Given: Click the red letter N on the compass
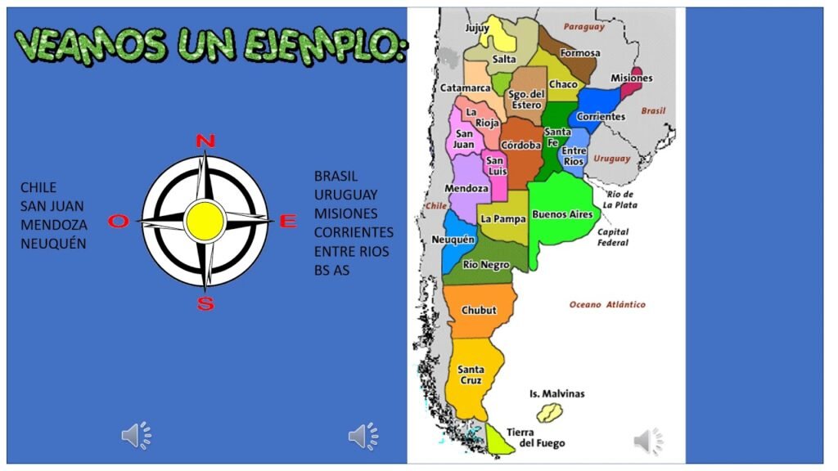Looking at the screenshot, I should [205, 141].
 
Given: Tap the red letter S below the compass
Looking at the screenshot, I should [205, 304].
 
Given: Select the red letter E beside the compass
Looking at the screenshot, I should [288, 221].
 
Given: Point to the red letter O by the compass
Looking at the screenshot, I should [119, 221].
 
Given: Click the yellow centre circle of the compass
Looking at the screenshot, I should [205, 219].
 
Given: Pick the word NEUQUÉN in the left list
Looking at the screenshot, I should [53, 243].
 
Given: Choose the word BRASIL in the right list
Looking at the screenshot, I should [336, 176].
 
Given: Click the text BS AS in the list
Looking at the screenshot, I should [331, 270].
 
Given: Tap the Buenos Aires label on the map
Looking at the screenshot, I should [562, 214].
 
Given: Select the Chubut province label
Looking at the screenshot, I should [479, 311].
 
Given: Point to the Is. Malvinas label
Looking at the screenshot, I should [557, 393].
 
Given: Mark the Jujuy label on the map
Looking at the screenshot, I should [477, 28].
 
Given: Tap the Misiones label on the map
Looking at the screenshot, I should [632, 78].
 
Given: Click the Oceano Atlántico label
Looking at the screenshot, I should [607, 304].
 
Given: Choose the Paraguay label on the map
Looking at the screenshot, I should [583, 26].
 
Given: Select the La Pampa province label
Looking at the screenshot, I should [502, 219].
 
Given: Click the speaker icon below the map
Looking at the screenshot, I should [648, 441].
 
